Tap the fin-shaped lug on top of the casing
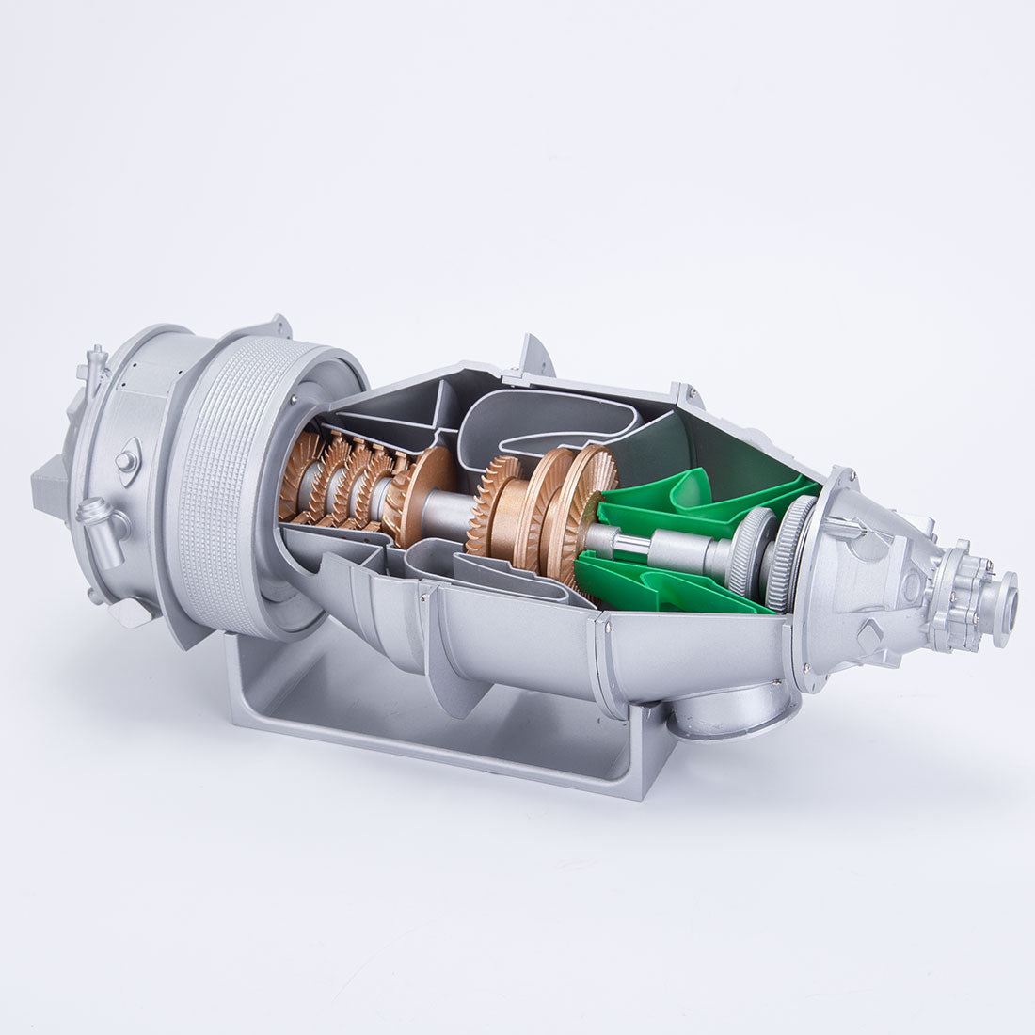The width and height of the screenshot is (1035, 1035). (x=535, y=356)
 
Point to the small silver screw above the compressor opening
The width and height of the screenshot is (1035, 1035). (x=295, y=400)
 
